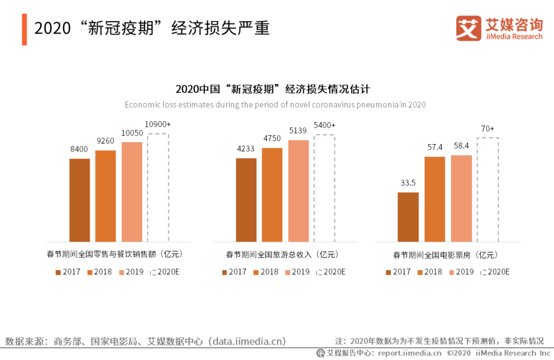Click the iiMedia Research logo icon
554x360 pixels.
point(468,29)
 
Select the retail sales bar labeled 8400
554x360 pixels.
point(80,200)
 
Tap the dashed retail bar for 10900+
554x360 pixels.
point(158,188)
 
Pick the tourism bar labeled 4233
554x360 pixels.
point(246,200)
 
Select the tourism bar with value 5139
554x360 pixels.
point(299,191)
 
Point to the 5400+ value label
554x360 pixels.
point(325,126)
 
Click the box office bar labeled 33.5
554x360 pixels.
point(408,217)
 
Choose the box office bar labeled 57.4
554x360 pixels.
point(434,199)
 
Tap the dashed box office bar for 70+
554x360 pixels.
point(487,190)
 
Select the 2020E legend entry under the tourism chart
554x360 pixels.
point(331,272)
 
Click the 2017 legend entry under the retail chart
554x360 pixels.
point(68,272)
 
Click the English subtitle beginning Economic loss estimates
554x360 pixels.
point(275,105)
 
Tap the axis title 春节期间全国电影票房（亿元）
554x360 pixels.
point(446,255)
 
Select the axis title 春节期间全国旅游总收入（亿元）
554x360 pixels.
point(283,254)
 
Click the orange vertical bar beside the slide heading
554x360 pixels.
point(24,29)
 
